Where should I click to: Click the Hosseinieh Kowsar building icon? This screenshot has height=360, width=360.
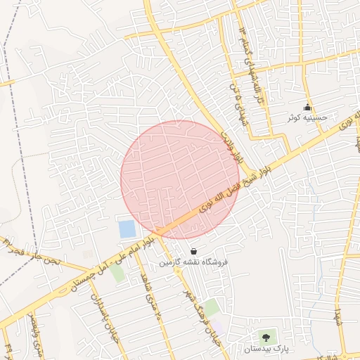(x=307, y=108)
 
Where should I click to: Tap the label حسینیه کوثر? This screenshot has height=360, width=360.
(x=307, y=118)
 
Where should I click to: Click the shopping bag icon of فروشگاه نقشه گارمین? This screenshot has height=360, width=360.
(x=193, y=251)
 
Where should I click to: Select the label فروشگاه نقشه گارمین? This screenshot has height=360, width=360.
(x=193, y=262)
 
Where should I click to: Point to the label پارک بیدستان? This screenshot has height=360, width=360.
(x=266, y=349)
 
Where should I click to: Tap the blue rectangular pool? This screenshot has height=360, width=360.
(x=127, y=229)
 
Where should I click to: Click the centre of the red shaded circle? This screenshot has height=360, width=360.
(x=180, y=180)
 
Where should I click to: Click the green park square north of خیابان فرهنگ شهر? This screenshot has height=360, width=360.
(x=210, y=307)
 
